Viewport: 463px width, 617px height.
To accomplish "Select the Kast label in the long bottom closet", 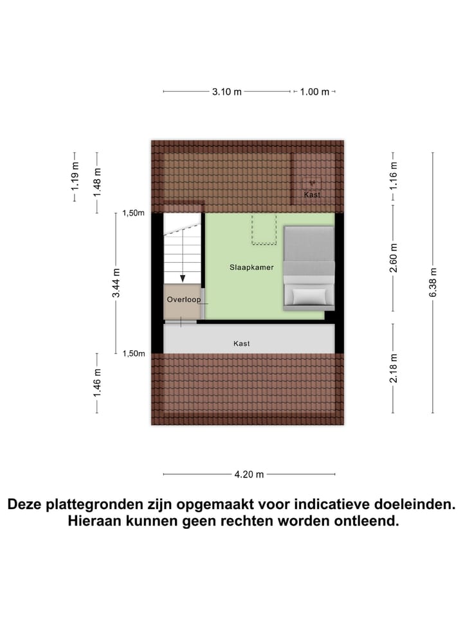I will [242, 344].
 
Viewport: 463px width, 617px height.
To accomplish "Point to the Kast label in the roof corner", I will [312, 195].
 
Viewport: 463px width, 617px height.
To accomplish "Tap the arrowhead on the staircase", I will [183, 278].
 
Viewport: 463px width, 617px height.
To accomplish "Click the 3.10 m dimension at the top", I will [226, 92].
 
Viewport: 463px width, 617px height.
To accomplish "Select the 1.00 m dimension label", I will [314, 92].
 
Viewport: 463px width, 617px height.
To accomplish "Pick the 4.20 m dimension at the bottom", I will [250, 475].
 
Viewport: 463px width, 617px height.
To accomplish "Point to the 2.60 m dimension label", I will [394, 257].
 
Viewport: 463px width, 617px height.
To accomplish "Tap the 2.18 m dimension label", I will [394, 368].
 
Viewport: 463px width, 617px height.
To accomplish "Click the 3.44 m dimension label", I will [116, 283].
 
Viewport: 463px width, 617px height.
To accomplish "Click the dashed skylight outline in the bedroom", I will [264, 229].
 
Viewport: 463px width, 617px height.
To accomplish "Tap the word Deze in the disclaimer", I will [26, 505].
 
